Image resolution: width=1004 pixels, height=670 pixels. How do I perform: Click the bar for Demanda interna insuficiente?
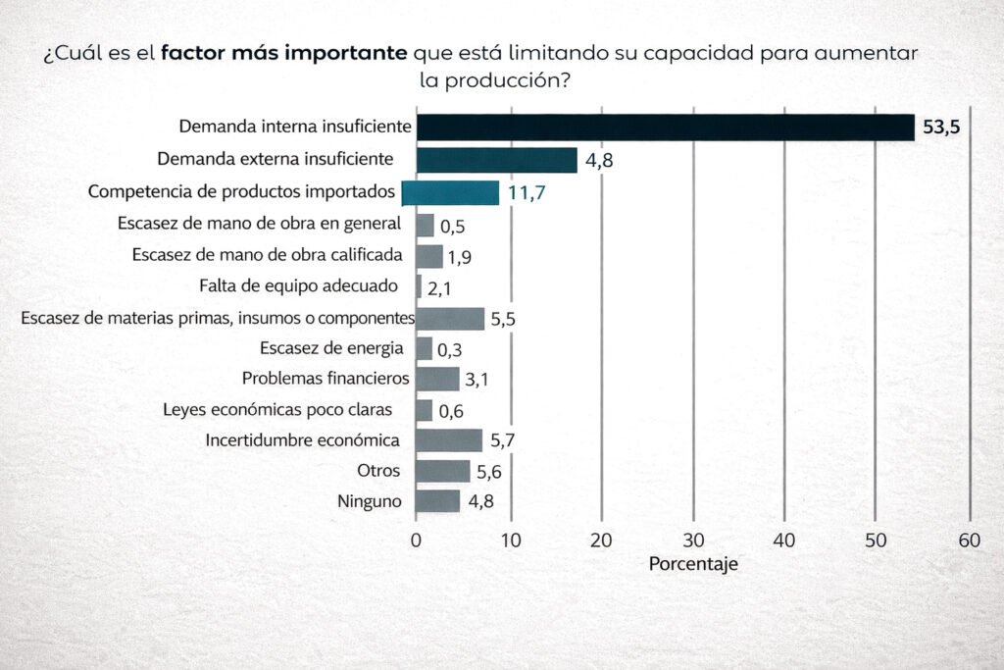click(665, 128)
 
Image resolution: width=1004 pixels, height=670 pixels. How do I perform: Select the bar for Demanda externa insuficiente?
click(496, 160)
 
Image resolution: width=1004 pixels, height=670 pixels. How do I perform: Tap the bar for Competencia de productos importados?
click(451, 192)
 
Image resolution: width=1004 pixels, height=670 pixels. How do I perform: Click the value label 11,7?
click(526, 193)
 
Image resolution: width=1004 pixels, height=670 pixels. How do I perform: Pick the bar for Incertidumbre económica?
click(449, 440)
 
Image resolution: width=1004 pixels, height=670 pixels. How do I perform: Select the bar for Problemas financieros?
click(437, 379)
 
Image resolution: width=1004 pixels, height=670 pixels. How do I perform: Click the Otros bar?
click(442, 472)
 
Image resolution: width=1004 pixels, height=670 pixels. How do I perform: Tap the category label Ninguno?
click(369, 501)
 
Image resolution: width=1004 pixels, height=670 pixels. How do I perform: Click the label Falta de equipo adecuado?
click(298, 286)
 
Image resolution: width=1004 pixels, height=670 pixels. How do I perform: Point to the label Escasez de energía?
click(331, 348)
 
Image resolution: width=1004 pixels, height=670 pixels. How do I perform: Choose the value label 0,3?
click(450, 349)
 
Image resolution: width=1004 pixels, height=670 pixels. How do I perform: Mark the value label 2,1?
click(440, 288)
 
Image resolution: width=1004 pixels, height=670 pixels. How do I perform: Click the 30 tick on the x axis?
click(693, 540)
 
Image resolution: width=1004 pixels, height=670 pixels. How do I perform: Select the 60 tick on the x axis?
click(970, 540)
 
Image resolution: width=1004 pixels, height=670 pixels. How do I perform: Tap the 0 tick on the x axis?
click(416, 540)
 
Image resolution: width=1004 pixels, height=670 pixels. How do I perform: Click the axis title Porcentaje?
click(693, 565)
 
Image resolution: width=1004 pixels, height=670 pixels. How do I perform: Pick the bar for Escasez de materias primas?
click(450, 319)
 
